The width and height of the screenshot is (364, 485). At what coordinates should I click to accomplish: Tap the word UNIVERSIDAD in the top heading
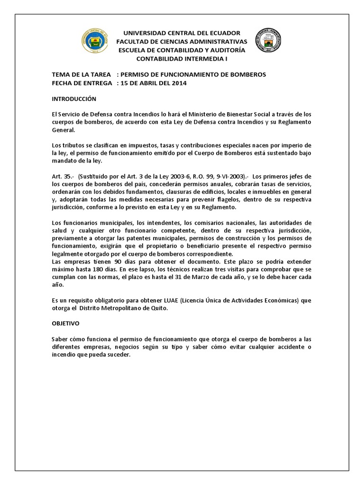tap(144, 33)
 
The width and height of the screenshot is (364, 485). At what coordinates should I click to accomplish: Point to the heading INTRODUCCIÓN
tap(73, 99)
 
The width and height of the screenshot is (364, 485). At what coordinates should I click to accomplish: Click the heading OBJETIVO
tap(66, 323)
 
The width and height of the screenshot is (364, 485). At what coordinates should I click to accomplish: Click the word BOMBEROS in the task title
tap(247, 75)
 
